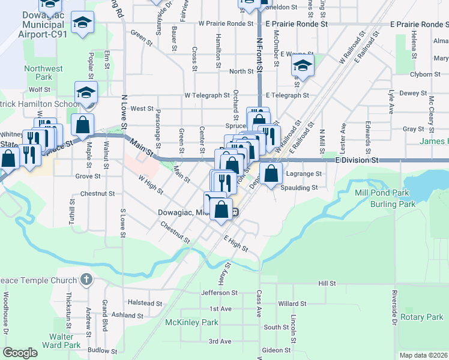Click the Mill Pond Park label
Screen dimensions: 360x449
tap(382, 193)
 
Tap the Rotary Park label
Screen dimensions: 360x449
tap(422, 317)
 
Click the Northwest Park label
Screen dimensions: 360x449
tap(43, 73)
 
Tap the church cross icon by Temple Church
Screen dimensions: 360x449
tap(86, 280)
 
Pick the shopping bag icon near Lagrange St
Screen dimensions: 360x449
tap(271, 172)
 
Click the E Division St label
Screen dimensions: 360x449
tap(357, 161)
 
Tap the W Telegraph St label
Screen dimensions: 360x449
tap(207, 95)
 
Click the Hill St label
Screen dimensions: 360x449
tap(327, 283)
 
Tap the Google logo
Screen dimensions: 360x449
tap(20, 352)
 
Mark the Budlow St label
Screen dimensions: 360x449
tap(101, 350)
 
